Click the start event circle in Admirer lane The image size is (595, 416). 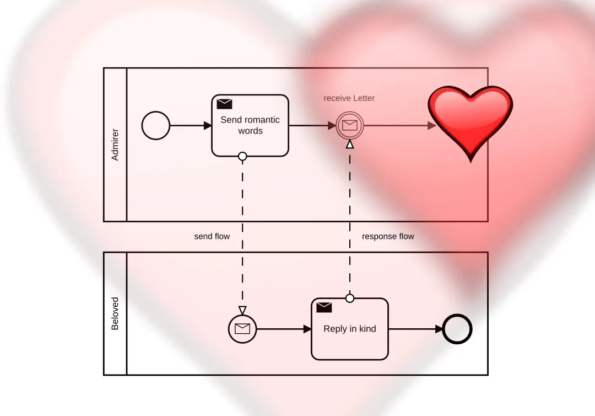point(156,126)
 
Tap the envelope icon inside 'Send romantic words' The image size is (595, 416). point(224,104)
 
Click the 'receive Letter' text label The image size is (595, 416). point(349,98)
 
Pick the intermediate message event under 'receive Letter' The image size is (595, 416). point(350,126)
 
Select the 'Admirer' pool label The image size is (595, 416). point(115,145)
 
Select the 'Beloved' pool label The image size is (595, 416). point(115,313)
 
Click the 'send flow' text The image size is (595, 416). point(212,236)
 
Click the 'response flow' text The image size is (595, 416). point(388,236)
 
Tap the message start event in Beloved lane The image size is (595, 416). point(242,329)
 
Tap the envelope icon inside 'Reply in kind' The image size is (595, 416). point(324,307)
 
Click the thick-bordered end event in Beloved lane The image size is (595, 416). point(458,329)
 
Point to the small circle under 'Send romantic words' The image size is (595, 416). point(242,157)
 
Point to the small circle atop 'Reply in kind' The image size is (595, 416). point(350,298)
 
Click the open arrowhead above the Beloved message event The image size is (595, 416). point(242,310)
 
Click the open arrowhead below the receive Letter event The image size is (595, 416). point(350,145)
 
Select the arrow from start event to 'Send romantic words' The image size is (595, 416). point(191,126)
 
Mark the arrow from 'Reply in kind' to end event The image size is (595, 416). point(416,329)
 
